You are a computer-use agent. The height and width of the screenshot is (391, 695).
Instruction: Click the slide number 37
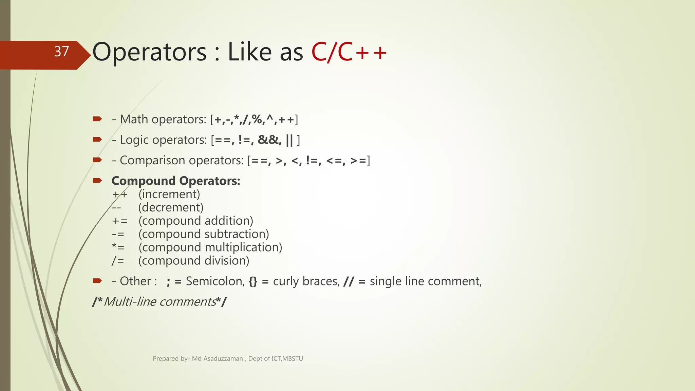(61, 52)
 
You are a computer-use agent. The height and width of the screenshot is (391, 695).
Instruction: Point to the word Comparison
(152, 160)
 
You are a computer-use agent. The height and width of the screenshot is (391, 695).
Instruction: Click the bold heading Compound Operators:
(176, 181)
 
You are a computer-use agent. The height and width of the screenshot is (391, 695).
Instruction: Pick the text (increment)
(169, 194)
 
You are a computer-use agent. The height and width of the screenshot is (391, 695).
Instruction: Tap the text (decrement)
(171, 207)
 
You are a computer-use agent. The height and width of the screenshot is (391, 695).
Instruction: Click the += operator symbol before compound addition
(120, 221)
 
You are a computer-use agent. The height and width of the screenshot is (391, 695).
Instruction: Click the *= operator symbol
(118, 247)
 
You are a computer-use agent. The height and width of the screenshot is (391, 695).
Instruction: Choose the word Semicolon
(215, 281)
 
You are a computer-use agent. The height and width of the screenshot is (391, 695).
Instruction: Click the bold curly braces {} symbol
(253, 281)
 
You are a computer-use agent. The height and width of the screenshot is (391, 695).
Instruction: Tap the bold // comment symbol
(349, 281)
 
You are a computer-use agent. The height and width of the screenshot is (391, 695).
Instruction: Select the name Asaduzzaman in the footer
(223, 359)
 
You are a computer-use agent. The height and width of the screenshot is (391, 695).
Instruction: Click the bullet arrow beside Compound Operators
(97, 180)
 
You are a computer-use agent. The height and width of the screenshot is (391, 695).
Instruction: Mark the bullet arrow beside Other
(97, 281)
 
